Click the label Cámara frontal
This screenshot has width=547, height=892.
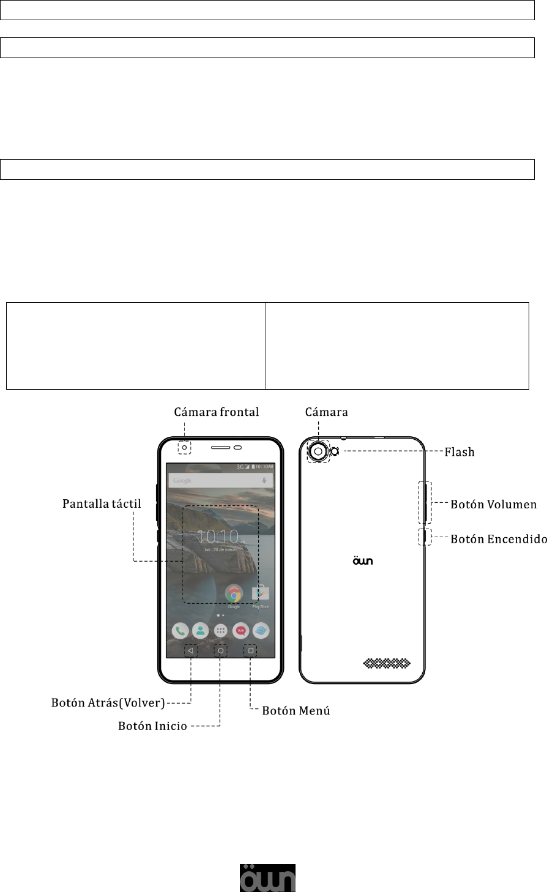pyautogui.click(x=216, y=412)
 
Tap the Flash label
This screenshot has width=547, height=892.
pyautogui.click(x=458, y=452)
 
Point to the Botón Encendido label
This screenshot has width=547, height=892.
pyautogui.click(x=498, y=539)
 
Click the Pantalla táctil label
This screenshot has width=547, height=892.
pyautogui.click(x=102, y=505)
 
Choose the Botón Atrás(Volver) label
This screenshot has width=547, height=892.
pyautogui.click(x=108, y=703)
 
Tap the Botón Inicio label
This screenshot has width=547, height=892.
pyautogui.click(x=152, y=727)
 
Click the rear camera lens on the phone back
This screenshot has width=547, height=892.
pyautogui.click(x=318, y=452)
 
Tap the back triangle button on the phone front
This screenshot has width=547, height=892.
pyautogui.click(x=190, y=650)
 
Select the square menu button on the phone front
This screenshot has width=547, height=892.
pyautogui.click(x=250, y=650)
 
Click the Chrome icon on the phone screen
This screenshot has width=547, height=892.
pyautogui.click(x=234, y=594)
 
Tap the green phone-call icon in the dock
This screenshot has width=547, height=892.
pyautogui.click(x=180, y=631)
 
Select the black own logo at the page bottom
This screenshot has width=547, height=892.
pyautogui.click(x=267, y=878)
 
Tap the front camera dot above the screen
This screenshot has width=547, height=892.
pyautogui.click(x=184, y=448)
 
